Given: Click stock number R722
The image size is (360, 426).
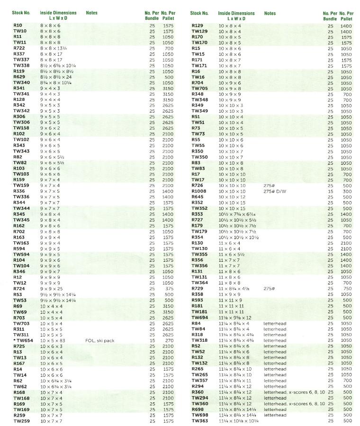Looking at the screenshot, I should coord(19,48).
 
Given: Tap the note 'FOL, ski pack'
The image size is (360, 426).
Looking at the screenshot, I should coord(99,340).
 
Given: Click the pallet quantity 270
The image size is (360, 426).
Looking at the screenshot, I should coord(168,340).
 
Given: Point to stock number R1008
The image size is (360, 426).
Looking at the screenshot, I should coord(199,191).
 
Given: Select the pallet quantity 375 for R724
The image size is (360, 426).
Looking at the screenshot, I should coord(168,288).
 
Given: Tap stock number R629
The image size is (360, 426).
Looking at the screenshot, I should coord(19,77).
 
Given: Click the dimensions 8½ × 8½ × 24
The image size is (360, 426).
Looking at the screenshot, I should coord(56,77).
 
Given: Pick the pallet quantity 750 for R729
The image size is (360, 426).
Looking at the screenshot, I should coord(347,288).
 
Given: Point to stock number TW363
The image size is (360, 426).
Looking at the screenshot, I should coord(199,421).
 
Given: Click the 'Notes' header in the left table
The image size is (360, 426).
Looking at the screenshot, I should coord(91,13).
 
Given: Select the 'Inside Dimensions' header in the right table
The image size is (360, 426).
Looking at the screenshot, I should coord(236,13).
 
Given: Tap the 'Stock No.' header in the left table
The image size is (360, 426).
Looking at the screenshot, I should coord(20,13).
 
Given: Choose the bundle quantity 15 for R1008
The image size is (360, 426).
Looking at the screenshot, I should coord(330,191).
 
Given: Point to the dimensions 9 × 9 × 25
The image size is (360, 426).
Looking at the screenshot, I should coord(51,288).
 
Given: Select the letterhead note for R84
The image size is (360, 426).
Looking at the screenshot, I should coord(275,323).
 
